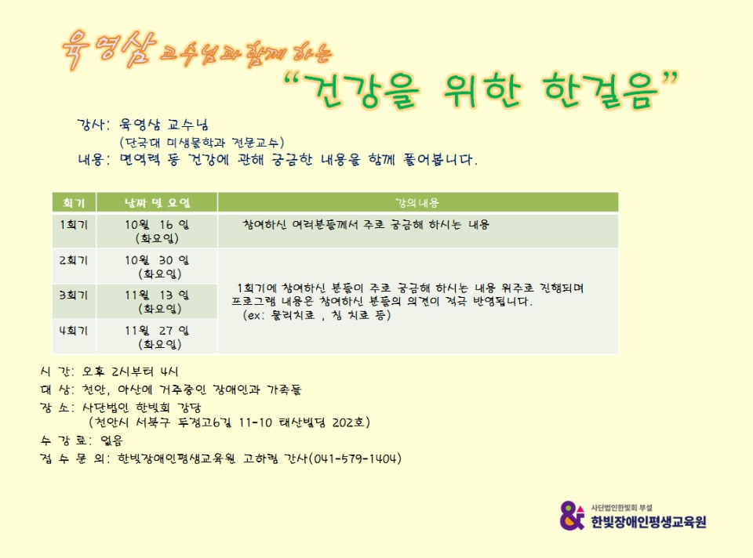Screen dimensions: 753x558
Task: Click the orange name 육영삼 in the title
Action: pyautogui.click(x=110, y=49)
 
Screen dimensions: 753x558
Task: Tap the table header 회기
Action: pyautogui.click(x=74, y=203)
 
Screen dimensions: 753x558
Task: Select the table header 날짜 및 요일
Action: pyautogui.click(x=157, y=203)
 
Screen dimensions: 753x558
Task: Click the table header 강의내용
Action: pyautogui.click(x=417, y=203)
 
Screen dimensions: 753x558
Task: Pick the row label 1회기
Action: pyautogui.click(x=74, y=225)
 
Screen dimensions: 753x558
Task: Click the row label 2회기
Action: pyautogui.click(x=74, y=260)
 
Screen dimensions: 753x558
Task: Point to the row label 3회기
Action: pyautogui.click(x=74, y=295)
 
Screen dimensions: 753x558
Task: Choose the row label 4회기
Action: pyautogui.click(x=74, y=331)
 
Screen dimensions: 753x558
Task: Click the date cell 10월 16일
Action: pyautogui.click(x=157, y=225)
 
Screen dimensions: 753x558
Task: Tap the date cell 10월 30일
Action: pyautogui.click(x=157, y=260)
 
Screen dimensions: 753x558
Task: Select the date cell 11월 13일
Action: pyautogui.click(x=157, y=295)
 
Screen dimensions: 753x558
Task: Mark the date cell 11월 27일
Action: pyautogui.click(x=157, y=331)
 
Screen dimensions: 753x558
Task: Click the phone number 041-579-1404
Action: pyautogui.click(x=355, y=458)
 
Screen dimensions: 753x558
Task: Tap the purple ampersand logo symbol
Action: pyautogui.click(x=573, y=516)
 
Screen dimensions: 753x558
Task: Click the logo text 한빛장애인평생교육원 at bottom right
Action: pyautogui.click(x=649, y=521)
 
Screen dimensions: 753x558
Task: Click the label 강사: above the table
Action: pyautogui.click(x=93, y=125)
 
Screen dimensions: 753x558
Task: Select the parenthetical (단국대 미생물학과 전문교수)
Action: pyautogui.click(x=202, y=143)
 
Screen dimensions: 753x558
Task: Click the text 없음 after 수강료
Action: pyautogui.click(x=112, y=440)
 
